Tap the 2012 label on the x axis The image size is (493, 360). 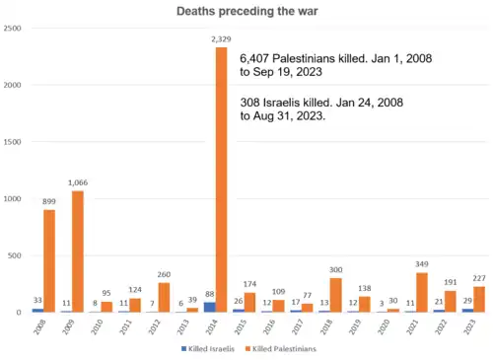[x=150, y=327]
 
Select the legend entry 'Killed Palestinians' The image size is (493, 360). [x=286, y=349]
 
